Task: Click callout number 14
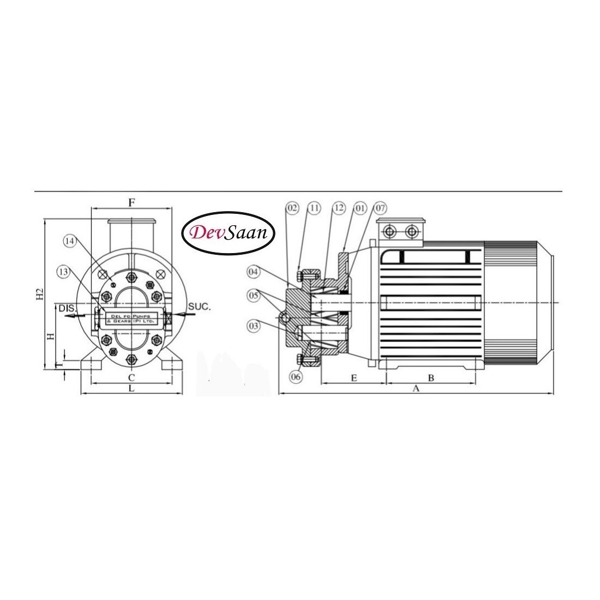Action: coord(69,241)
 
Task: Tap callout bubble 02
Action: coord(293,208)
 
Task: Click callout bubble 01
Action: coord(360,208)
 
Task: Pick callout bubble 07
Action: coord(380,208)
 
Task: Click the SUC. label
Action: coord(199,308)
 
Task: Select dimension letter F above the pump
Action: coord(131,202)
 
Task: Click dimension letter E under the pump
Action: coord(353,378)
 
